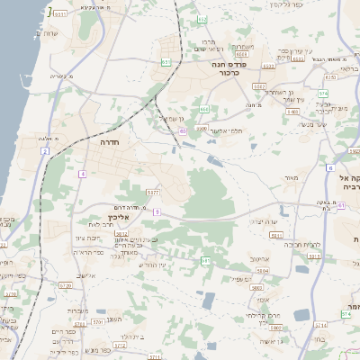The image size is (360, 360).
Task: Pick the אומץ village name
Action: pyautogui.click(x=262, y=298)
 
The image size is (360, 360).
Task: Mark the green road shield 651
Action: pyautogui.click(x=166, y=62)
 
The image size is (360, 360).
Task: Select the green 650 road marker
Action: pyautogui.click(x=183, y=131)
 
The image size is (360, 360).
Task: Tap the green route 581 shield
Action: pyautogui.click(x=205, y=261)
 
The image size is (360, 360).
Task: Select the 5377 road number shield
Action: pyautogui.click(x=153, y=192)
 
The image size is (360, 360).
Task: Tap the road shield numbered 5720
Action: pyautogui.click(x=65, y=285)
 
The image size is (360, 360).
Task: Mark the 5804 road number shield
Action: pyautogui.click(x=263, y=269)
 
